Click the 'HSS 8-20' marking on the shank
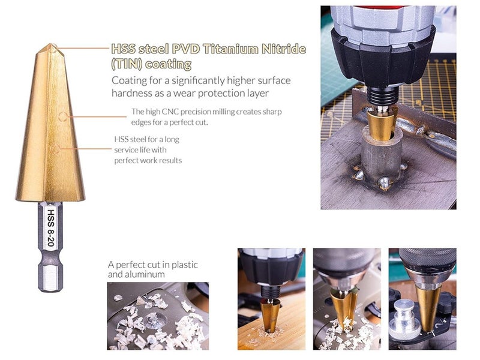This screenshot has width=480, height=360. (50, 228)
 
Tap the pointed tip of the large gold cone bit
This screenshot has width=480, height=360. (51, 44)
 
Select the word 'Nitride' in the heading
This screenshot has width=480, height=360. (284, 49)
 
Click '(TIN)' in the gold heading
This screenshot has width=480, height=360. (126, 64)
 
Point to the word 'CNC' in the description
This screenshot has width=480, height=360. (170, 112)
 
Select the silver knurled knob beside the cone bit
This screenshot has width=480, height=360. (404, 320)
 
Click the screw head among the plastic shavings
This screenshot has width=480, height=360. (152, 320)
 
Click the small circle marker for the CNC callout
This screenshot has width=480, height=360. (63, 116)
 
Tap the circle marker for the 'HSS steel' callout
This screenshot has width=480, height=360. (55, 149)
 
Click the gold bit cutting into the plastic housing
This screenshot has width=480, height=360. (344, 309)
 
